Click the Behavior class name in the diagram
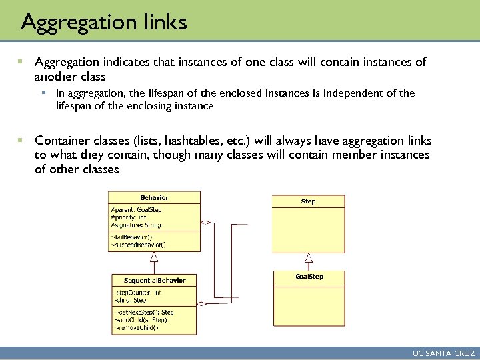(154, 197)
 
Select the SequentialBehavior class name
(155, 280)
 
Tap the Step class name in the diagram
(308, 201)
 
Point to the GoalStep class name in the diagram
(309, 277)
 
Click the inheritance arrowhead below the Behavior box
(154, 255)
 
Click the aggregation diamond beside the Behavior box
(206, 223)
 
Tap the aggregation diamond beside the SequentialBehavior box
(203, 304)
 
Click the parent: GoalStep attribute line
(136, 209)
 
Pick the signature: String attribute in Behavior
(136, 225)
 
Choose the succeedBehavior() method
(138, 245)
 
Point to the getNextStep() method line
(144, 312)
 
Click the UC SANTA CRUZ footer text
(443, 353)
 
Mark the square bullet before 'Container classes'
(21, 141)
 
